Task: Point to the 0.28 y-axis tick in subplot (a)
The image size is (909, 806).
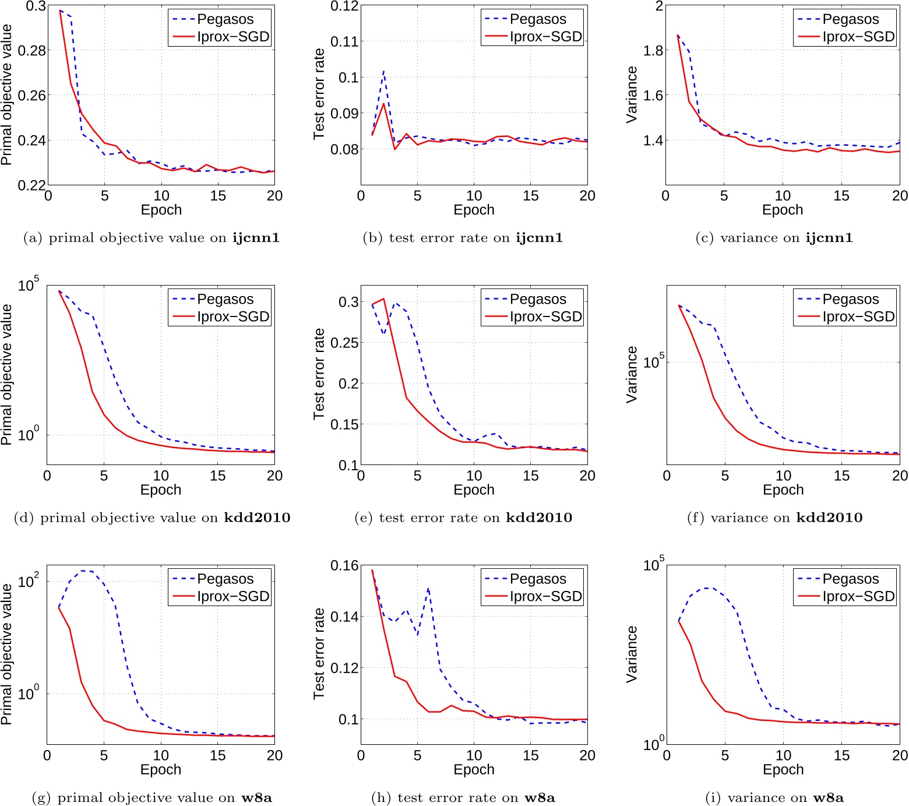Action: pos(31,51)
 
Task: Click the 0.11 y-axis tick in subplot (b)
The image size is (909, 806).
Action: pos(344,41)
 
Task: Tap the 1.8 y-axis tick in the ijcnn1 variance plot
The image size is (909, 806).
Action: pos(653,51)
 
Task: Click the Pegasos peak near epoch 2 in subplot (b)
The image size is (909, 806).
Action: pos(383,71)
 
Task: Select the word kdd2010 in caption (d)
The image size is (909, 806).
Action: pos(257,518)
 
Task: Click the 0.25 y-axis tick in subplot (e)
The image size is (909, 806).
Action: pos(344,343)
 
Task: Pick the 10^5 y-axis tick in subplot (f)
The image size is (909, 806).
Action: pos(653,362)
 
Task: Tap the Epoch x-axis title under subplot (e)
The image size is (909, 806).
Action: pos(474,490)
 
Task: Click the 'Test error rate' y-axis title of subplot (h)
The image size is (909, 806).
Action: pos(319,653)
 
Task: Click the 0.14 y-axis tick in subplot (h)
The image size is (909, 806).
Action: pos(344,617)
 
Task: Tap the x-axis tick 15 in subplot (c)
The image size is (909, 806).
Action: pos(841,196)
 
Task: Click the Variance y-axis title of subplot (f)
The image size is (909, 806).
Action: pos(632,374)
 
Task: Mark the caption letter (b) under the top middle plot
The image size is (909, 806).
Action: pos(372,238)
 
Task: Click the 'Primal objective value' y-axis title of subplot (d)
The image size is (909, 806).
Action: pos(6,374)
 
